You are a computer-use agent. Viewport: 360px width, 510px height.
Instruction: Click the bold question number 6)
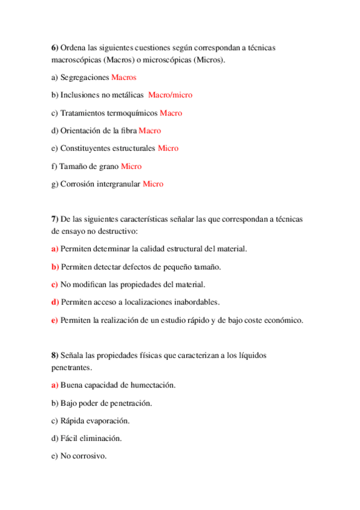55,47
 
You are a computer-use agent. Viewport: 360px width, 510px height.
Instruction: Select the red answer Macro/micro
170,95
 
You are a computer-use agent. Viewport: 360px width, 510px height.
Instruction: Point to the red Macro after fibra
150,131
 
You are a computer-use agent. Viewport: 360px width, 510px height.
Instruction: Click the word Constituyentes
91,148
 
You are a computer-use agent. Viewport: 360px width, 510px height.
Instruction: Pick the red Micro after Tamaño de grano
131,166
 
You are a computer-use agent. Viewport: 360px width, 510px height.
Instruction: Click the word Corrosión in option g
77,183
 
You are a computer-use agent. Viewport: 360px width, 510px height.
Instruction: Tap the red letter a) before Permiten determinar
55,249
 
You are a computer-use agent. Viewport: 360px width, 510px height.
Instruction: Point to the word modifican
89,284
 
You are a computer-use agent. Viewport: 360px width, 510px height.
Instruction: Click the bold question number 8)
55,355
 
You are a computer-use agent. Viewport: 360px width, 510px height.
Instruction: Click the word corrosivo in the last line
88,456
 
